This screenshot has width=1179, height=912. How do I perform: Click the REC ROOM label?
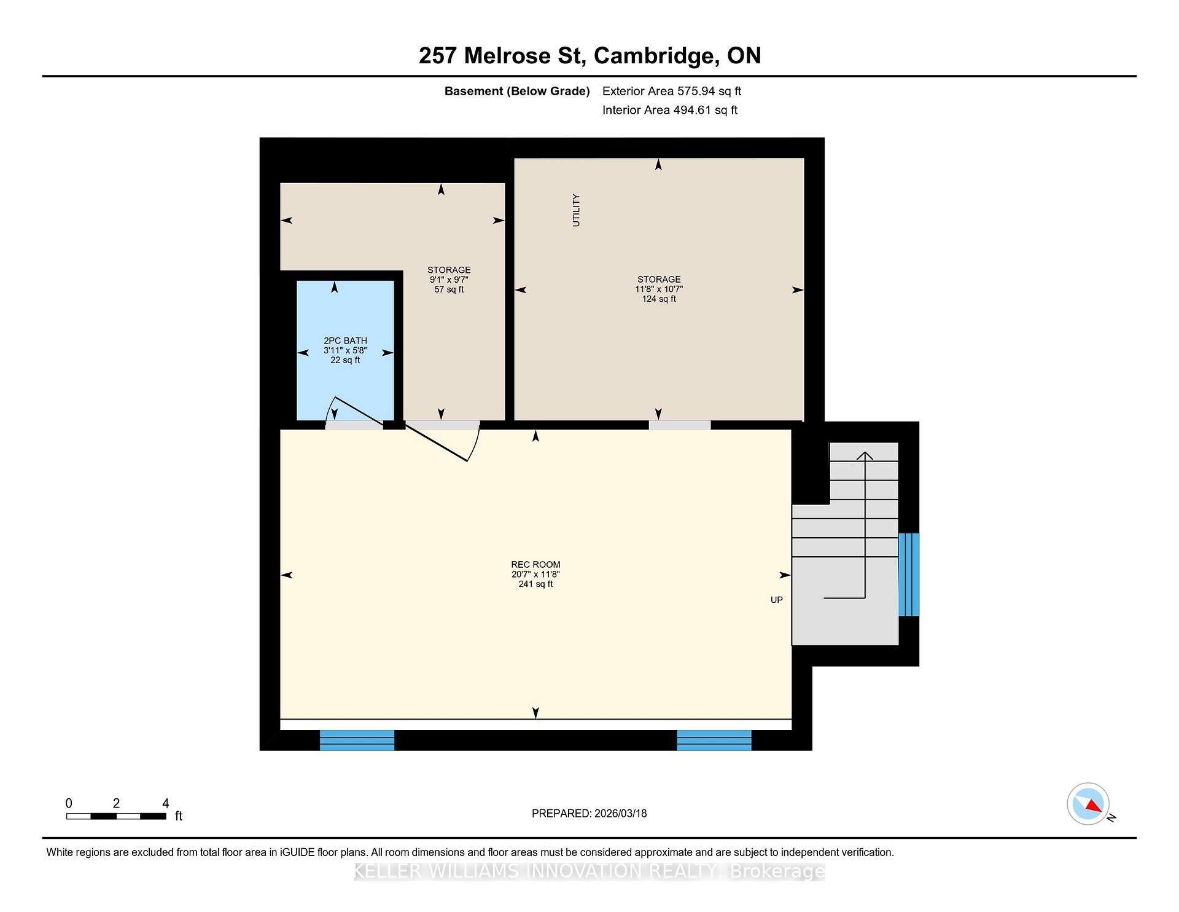[x=535, y=565]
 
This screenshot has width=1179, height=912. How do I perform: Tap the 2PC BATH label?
[x=345, y=340]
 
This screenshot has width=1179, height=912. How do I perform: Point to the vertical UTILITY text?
[x=576, y=210]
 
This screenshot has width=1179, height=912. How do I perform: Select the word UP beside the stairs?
[x=777, y=600]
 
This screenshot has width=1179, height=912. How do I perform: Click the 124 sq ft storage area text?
[x=659, y=299]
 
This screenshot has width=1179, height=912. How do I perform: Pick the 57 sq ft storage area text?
[x=449, y=289]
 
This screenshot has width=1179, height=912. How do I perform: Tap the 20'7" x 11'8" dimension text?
[x=535, y=575]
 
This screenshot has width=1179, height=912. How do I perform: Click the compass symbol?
[x=1089, y=804]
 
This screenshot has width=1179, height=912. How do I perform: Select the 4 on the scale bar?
[x=165, y=803]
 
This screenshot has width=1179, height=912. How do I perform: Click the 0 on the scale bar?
[x=69, y=803]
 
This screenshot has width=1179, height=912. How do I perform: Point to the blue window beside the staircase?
[x=909, y=575]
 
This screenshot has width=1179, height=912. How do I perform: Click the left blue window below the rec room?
[x=357, y=741]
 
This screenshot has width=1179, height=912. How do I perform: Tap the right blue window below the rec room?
[x=714, y=741]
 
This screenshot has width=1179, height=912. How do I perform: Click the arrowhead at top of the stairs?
[x=865, y=455]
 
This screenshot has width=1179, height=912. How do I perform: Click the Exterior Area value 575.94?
[x=696, y=91]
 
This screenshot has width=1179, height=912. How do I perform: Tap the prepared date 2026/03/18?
[x=621, y=814]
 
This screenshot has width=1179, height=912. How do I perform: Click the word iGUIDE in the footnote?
[x=298, y=852]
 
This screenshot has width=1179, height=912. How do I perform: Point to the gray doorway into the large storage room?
[x=680, y=425]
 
